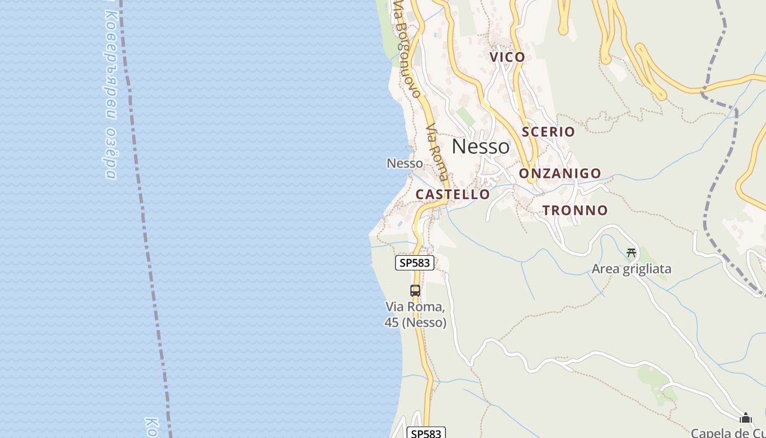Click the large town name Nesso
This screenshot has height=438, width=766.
tap(480, 147)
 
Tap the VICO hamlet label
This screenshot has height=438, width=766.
tap(507, 57)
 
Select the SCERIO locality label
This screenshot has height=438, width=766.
tap(548, 131)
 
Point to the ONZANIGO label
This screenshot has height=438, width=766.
tap(560, 174)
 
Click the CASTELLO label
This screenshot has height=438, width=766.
tap(452, 194)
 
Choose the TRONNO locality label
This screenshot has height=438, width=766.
tap(575, 210)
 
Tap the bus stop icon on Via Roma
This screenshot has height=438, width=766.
tap(415, 291)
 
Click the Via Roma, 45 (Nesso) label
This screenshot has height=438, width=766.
tap(415, 315)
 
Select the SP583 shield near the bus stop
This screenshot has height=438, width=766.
tap(415, 263)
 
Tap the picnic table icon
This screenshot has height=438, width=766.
tap(631, 253)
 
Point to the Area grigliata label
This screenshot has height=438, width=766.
tap(631, 269)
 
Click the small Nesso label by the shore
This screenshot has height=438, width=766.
tap(405, 163)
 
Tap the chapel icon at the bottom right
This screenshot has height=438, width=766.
tap(745, 418)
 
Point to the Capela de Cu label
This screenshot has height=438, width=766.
tap(728, 433)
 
